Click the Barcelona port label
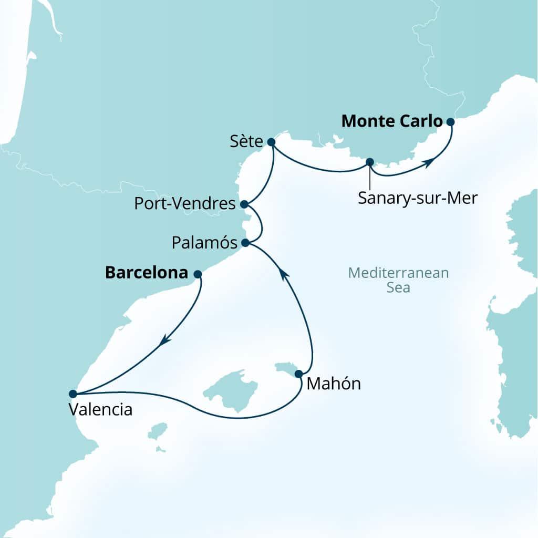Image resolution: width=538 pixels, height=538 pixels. tap(147, 273)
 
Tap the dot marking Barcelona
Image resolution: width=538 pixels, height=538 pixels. tap(198, 274)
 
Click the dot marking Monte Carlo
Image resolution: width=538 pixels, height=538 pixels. tap(450, 122)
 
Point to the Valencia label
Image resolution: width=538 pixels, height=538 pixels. tap(100, 409)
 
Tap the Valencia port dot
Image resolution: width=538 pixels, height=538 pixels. tap(73, 394)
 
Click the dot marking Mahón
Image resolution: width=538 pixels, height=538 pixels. tap(298, 374)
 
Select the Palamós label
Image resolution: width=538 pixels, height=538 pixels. tap(205, 243)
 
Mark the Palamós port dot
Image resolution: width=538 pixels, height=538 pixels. tap(244, 243)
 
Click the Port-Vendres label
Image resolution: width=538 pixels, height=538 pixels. tap(184, 204)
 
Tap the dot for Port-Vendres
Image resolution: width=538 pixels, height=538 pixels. tap(243, 204)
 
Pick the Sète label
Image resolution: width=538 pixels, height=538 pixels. tap(246, 141)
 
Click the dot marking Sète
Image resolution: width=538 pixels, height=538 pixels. tap(271, 142)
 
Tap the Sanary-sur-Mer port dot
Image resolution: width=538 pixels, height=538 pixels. tap(369, 162)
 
